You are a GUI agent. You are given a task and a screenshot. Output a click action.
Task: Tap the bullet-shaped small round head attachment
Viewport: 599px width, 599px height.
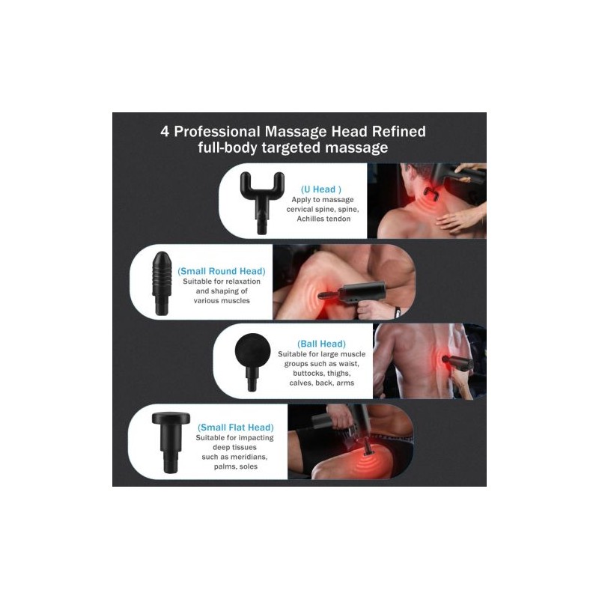point(162,283)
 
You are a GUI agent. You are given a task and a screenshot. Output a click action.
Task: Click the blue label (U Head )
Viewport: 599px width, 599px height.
point(321,189)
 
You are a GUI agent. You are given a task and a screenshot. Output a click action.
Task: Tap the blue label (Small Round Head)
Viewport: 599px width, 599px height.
point(222,271)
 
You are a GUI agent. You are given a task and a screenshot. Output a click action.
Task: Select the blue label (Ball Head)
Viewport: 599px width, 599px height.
point(322,344)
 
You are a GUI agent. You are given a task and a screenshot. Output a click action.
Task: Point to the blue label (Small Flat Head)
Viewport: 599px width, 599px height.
point(236,428)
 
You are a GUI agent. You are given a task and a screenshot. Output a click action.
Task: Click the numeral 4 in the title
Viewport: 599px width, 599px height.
point(165,132)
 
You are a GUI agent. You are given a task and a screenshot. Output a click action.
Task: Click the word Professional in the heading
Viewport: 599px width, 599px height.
point(217,132)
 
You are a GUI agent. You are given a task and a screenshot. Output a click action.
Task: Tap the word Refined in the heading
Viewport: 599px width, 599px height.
point(399,132)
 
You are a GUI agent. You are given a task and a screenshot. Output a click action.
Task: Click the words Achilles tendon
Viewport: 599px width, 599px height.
point(323,219)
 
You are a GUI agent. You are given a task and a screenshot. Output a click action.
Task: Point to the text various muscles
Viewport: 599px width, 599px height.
point(222,301)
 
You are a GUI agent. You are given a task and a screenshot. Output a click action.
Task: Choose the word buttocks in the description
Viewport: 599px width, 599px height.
point(308,373)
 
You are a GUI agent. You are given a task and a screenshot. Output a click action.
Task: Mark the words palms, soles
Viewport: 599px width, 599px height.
point(236,466)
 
